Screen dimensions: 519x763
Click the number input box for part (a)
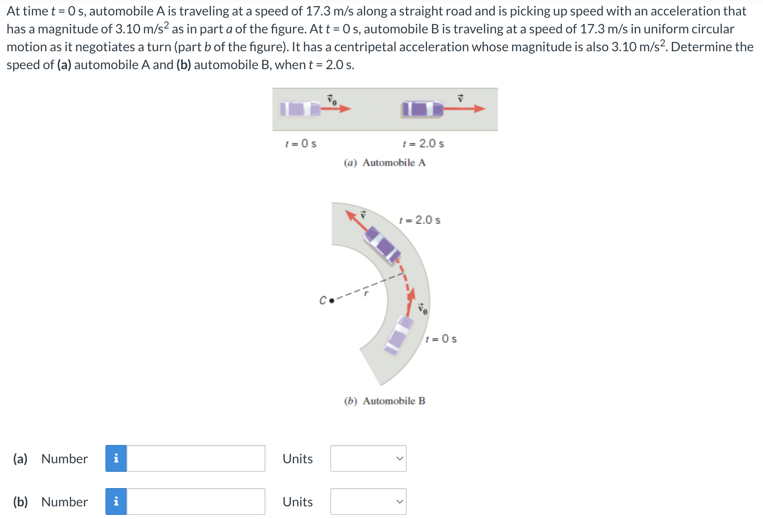[196, 458]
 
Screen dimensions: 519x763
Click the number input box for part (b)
[196, 502]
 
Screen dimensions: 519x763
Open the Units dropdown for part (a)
[368, 458]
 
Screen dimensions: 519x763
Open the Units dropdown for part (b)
[368, 502]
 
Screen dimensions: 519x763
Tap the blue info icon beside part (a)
[116, 458]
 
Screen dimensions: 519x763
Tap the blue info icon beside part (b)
[116, 502]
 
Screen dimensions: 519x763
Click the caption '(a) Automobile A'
[385, 163]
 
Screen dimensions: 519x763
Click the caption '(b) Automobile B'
[385, 401]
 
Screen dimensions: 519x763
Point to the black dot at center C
[331, 301]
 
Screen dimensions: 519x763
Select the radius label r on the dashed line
[366, 293]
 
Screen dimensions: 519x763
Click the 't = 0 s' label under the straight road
[301, 144]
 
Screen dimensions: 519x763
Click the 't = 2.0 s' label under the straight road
[423, 144]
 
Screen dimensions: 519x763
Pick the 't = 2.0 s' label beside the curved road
[420, 220]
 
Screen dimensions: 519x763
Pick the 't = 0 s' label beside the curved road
[441, 339]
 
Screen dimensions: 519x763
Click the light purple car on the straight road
[300, 109]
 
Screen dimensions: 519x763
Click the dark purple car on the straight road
[422, 109]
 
